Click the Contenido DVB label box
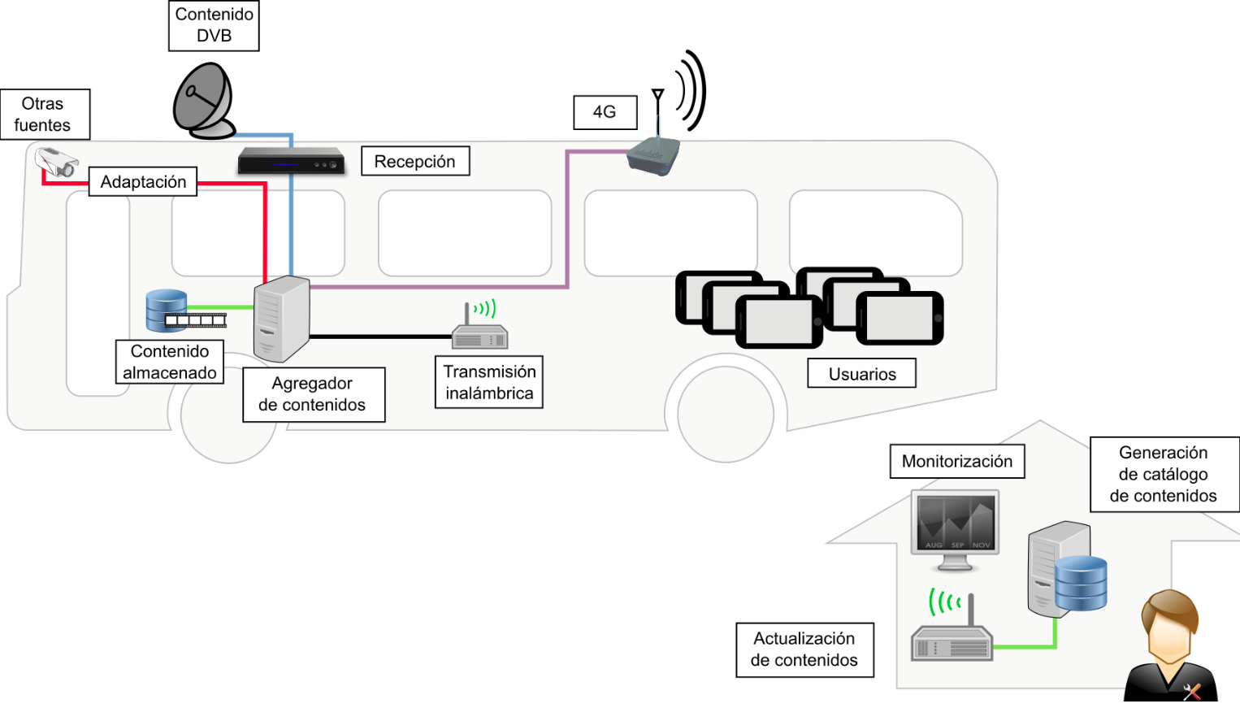[x=214, y=25]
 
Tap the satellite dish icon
[x=204, y=102]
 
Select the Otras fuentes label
[x=44, y=115]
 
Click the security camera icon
[x=57, y=162]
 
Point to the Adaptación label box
[x=143, y=182]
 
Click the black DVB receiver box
[x=291, y=161]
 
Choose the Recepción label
[x=414, y=162]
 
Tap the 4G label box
[x=605, y=112]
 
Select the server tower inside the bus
[x=281, y=319]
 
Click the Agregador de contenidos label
[x=313, y=394]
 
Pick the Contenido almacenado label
[x=170, y=362]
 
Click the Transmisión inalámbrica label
[x=489, y=382]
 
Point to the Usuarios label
[x=861, y=374]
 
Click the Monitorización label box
[x=956, y=462]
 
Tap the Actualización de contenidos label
[x=804, y=649]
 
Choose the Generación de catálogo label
[x=1164, y=475]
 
